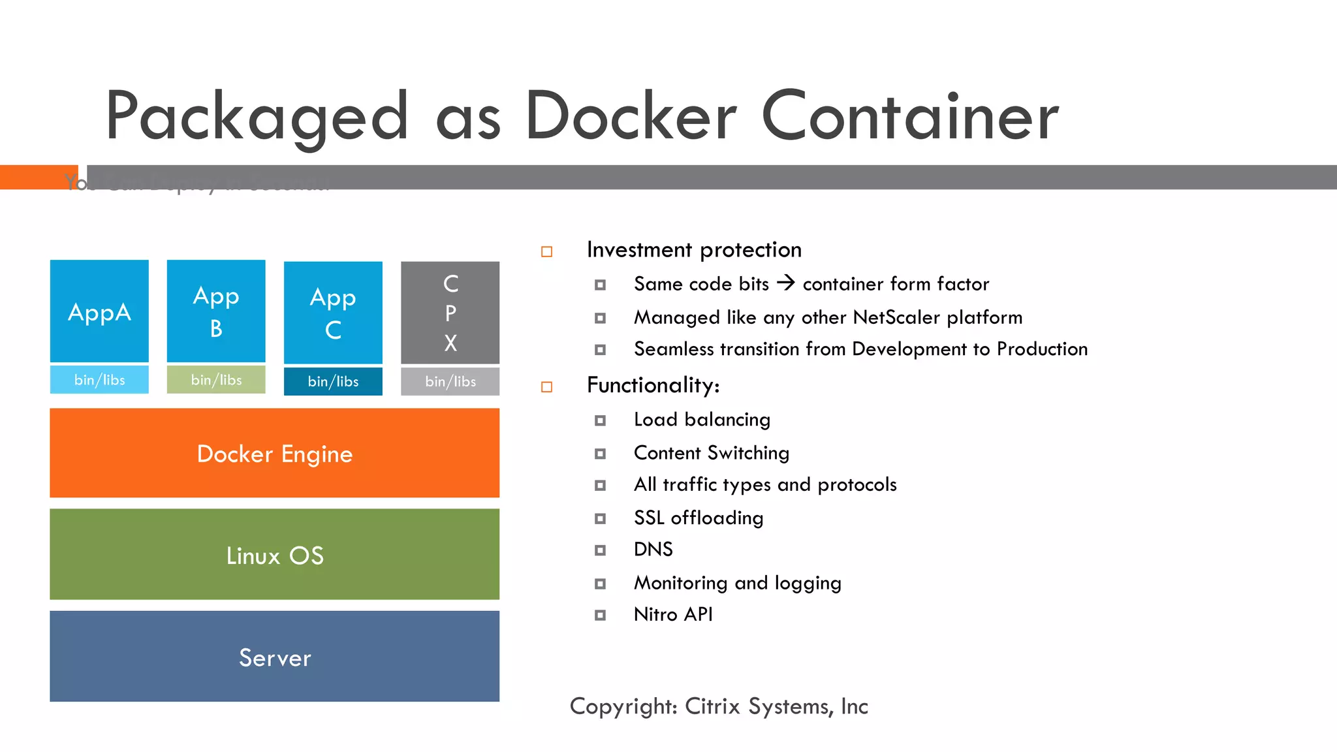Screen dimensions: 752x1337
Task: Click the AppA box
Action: [x=99, y=311]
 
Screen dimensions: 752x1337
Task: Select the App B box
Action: [x=216, y=311]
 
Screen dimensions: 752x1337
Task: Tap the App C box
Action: [x=333, y=312]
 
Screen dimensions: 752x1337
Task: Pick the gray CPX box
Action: [x=450, y=312]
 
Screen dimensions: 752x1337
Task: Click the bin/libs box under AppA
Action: [x=99, y=380]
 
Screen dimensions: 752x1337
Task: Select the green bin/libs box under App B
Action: [x=216, y=380]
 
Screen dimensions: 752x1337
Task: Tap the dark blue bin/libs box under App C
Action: [x=333, y=382]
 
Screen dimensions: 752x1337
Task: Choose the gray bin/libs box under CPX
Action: [x=450, y=382]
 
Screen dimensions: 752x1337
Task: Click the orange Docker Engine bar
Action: [x=274, y=453]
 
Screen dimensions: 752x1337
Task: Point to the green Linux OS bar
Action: [x=274, y=554]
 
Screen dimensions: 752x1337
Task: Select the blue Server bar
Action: [x=274, y=656]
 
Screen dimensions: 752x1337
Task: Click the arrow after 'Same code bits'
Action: [x=786, y=283]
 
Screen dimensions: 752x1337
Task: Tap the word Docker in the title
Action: [x=631, y=116]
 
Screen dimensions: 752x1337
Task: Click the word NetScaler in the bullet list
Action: [x=896, y=317]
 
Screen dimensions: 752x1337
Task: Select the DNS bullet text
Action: [x=653, y=549]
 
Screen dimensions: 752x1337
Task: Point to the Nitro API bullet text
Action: [x=673, y=614]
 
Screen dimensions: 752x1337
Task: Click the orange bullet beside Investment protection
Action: [x=547, y=252]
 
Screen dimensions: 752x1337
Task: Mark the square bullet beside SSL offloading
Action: [x=600, y=519]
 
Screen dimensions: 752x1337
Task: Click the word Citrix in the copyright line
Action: [x=712, y=706]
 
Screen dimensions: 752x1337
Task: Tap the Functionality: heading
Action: [x=653, y=385]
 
